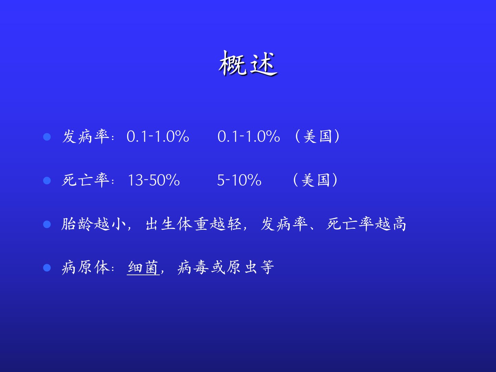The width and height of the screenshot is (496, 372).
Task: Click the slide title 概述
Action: [x=248, y=63]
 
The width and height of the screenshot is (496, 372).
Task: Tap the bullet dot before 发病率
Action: [x=47, y=137]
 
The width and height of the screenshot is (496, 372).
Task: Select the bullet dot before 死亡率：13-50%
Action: [x=47, y=180]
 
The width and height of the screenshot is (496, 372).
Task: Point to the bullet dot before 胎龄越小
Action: [x=47, y=224]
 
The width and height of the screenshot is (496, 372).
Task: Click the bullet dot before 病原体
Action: [x=47, y=268]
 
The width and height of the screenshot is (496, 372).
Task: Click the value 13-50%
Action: [x=154, y=180]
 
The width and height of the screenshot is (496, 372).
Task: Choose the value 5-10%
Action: [x=239, y=180]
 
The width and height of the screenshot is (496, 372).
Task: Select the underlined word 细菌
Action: [x=143, y=268]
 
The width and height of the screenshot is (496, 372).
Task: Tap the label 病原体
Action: [x=86, y=268]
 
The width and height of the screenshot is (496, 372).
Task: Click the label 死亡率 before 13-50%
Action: [x=86, y=180]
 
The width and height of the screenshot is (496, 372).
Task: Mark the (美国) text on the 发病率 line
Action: [x=317, y=136]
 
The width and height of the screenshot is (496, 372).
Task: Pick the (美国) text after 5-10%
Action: [x=316, y=180]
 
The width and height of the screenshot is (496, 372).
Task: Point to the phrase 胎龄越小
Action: [x=94, y=224]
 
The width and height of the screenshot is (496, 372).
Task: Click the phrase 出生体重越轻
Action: [x=194, y=224]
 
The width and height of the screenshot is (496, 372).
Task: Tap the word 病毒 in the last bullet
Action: [x=193, y=268]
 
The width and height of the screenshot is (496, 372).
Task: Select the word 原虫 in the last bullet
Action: [x=242, y=268]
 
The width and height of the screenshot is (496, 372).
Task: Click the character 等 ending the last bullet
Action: [x=267, y=268]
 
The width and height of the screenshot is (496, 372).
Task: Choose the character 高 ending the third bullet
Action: [x=399, y=224]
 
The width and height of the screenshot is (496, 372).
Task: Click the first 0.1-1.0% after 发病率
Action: [x=158, y=136]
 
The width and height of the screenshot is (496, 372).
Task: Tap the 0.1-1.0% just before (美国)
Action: [x=249, y=136]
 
